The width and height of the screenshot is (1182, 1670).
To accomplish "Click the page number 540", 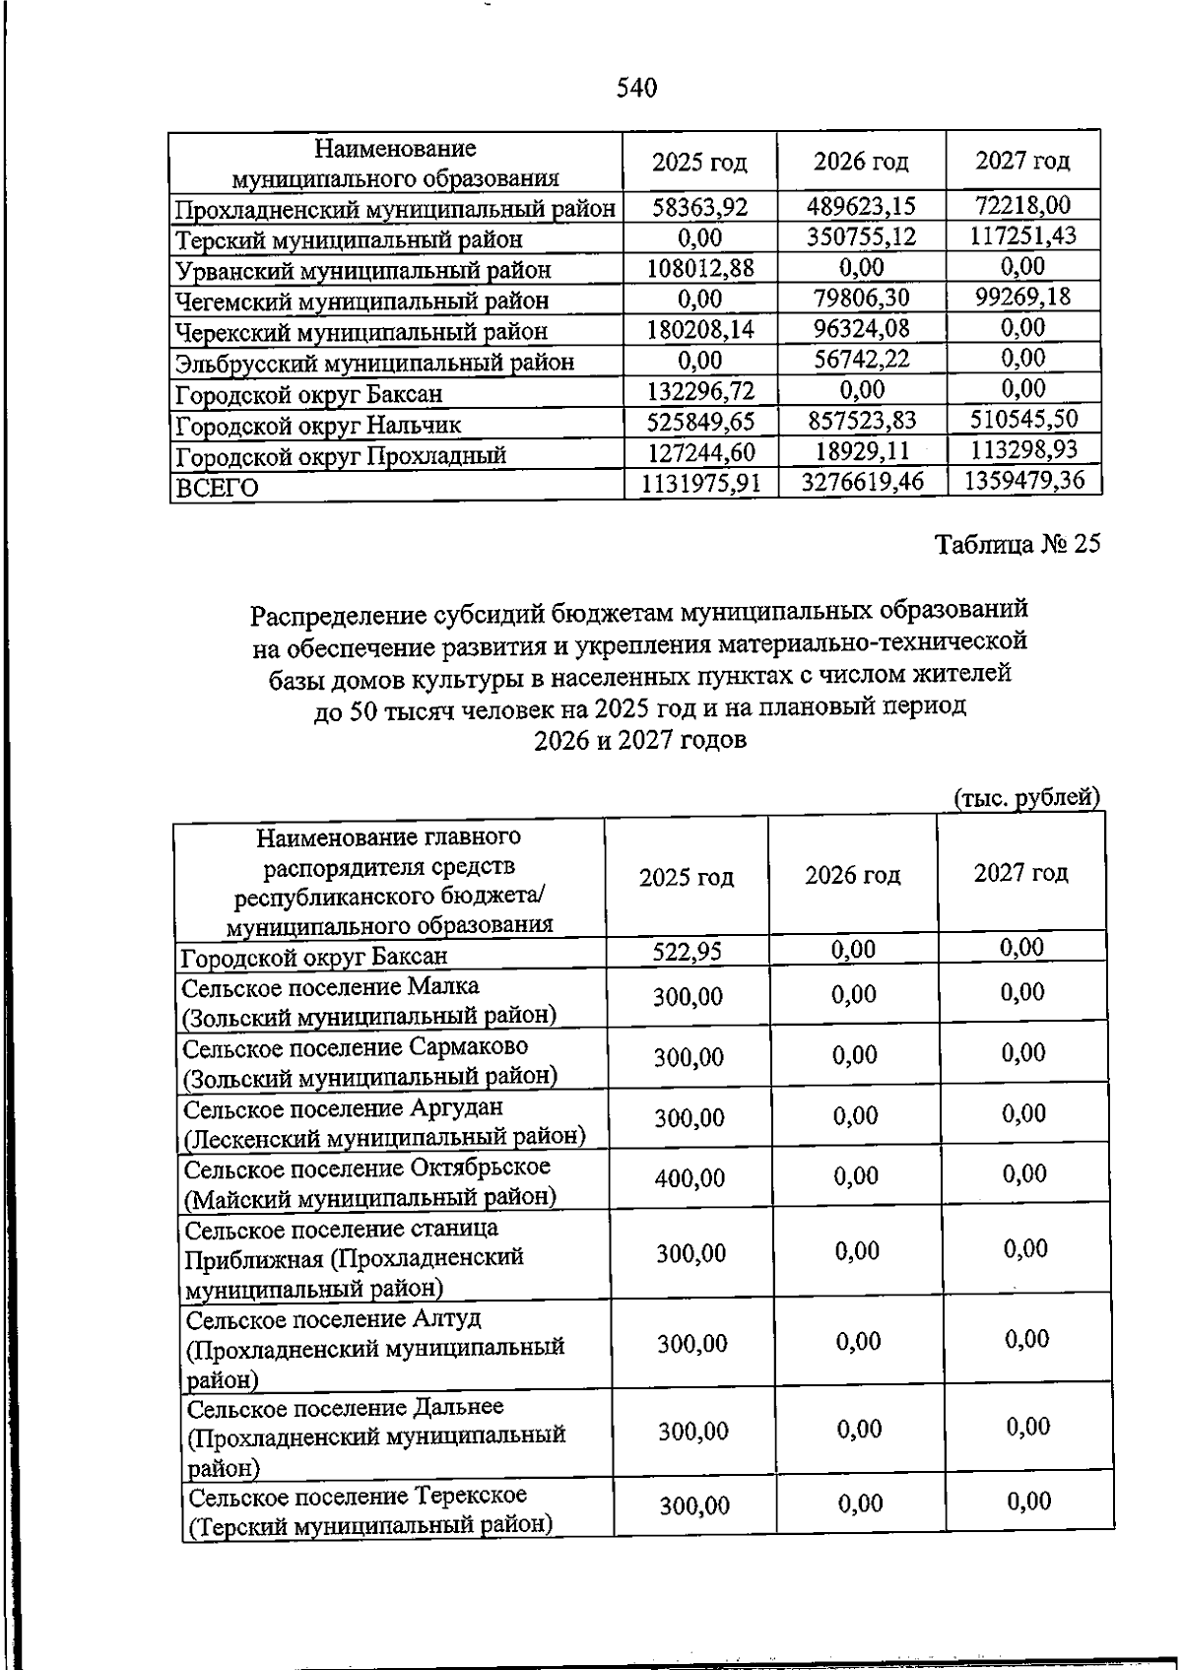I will (636, 89).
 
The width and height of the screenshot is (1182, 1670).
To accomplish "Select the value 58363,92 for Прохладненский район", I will (700, 207).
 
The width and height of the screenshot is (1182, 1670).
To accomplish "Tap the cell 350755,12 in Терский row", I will (861, 237).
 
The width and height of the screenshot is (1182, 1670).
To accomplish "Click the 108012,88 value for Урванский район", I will (700, 268).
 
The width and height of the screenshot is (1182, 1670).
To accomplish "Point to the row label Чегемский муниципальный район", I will (361, 301).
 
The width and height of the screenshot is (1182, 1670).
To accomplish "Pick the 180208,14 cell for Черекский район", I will (700, 329).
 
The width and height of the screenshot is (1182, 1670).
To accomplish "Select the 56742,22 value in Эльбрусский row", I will (861, 361).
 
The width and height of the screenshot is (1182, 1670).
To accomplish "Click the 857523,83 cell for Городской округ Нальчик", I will (861, 421).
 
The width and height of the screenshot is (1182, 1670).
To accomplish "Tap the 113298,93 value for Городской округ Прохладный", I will (1023, 450).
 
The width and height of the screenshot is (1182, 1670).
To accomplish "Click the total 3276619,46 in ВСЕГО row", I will (861, 482).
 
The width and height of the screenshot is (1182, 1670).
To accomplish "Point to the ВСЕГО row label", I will (217, 488).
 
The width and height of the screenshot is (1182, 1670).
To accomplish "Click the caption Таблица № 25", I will (1017, 545).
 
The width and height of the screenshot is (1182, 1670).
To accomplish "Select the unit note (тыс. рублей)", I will (1026, 797).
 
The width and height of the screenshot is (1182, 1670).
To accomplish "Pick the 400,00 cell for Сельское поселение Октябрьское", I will (689, 1178).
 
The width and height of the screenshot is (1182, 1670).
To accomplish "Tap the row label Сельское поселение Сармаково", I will (356, 1046).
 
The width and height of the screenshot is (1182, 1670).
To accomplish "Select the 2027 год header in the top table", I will (1021, 161).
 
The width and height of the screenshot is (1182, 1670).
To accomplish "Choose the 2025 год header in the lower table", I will (686, 877).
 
